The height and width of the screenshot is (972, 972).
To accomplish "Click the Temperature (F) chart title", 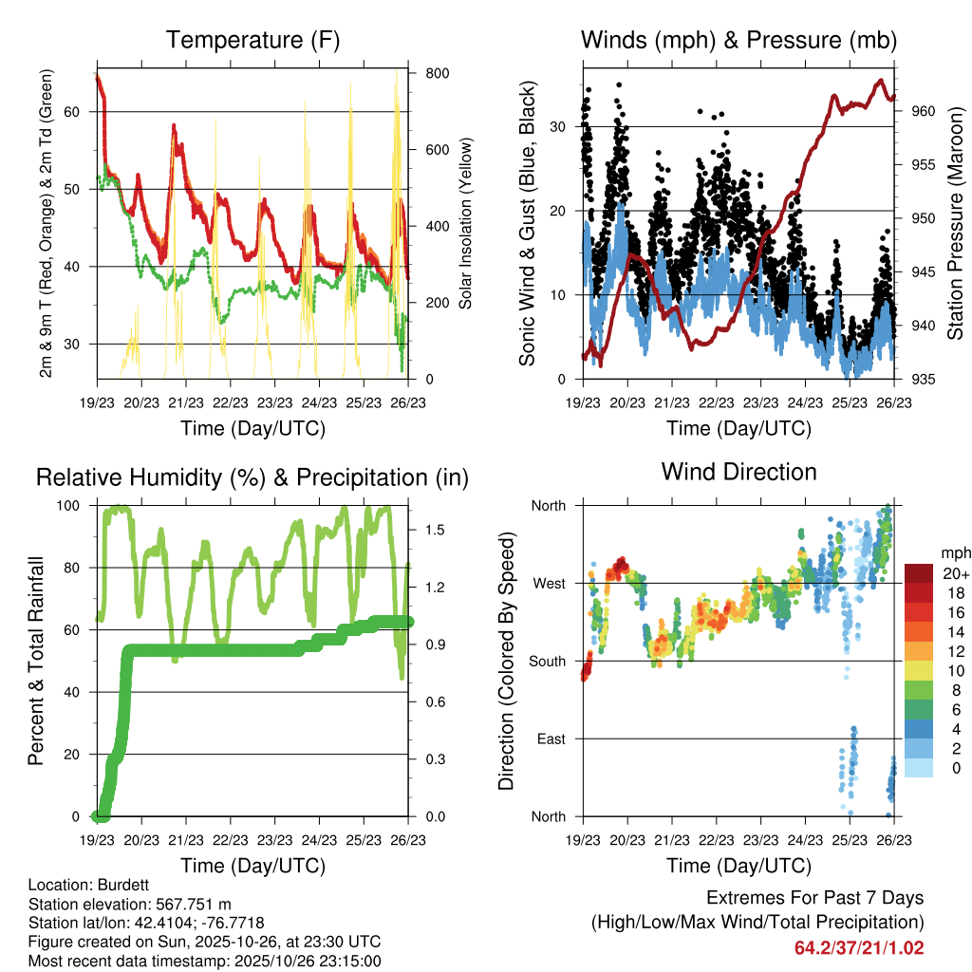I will (x=252, y=40).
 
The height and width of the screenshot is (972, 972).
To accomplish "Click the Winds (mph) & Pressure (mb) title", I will (x=738, y=40).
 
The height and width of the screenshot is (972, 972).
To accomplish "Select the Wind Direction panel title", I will (x=738, y=472).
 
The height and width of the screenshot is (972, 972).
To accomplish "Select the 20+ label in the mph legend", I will (x=956, y=572).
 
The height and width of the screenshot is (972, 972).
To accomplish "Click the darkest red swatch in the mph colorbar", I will (x=919, y=572).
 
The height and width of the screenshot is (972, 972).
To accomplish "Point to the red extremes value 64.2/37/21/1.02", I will (x=859, y=947).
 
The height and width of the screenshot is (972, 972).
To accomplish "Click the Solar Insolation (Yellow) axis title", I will (x=466, y=224).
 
